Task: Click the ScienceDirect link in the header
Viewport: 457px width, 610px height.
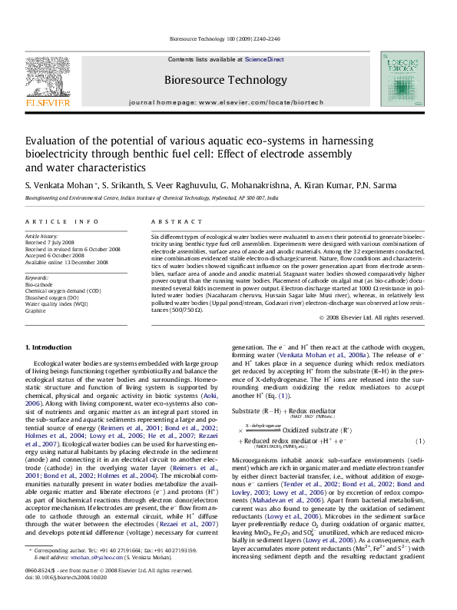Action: point(264,59)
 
